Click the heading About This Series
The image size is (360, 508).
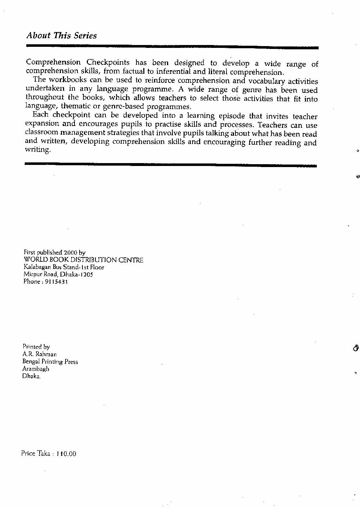pos(62,36)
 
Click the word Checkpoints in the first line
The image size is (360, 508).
pos(108,62)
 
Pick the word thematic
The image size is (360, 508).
pos(76,106)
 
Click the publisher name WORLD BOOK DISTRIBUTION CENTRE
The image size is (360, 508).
pos(83,260)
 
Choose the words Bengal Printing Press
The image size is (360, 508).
pos(50,361)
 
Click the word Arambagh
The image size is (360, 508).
pos(36,369)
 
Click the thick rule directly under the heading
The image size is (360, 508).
pos(172,47)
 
